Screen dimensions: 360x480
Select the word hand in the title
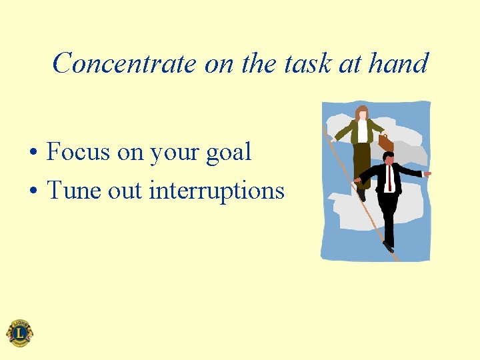398,64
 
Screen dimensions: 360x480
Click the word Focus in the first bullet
79,152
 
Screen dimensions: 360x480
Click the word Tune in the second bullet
74,191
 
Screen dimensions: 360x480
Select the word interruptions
217,191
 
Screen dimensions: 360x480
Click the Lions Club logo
19,333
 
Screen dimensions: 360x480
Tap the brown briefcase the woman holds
385,142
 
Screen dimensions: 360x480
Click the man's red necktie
389,177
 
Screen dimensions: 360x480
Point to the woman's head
362,112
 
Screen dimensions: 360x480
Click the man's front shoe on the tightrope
389,247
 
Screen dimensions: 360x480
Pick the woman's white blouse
362,131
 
